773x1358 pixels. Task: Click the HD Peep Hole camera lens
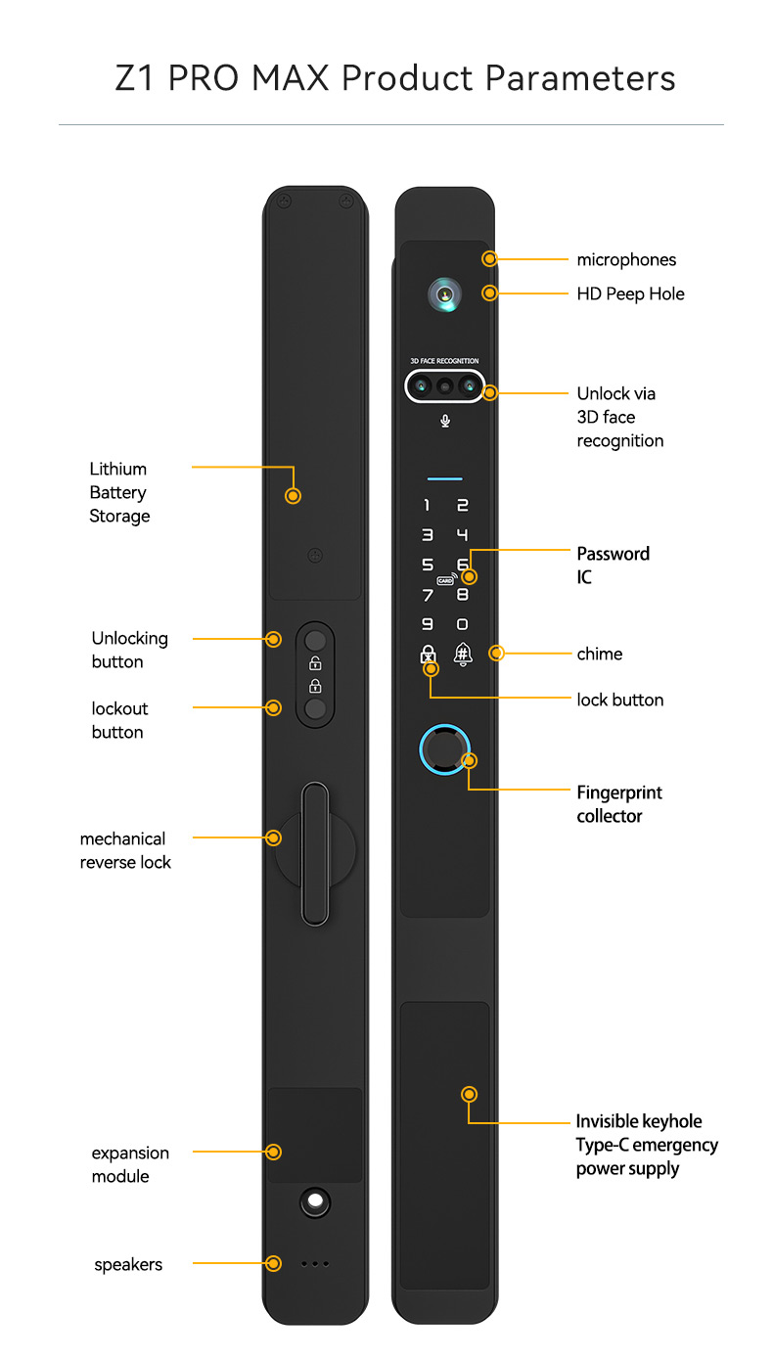pos(445,294)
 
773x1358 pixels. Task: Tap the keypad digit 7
pos(427,595)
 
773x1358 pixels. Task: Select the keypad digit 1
pos(427,506)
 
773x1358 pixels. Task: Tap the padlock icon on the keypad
pos(428,655)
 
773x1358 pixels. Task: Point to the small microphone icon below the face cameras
pos(445,421)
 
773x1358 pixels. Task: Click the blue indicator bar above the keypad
pos(445,479)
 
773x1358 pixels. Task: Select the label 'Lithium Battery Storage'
pos(119,492)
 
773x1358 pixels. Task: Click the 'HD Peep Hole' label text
pos(630,294)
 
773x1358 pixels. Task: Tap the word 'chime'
pos(599,654)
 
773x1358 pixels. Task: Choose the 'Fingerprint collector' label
pos(619,804)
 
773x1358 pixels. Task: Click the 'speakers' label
pos(128,1264)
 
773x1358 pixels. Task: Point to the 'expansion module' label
pos(130,1164)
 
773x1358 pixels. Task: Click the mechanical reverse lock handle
pos(314,853)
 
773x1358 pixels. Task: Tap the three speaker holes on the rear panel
pos(314,1264)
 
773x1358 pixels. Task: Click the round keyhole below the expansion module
pos(314,1201)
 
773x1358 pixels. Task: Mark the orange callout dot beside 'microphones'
pos(490,259)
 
